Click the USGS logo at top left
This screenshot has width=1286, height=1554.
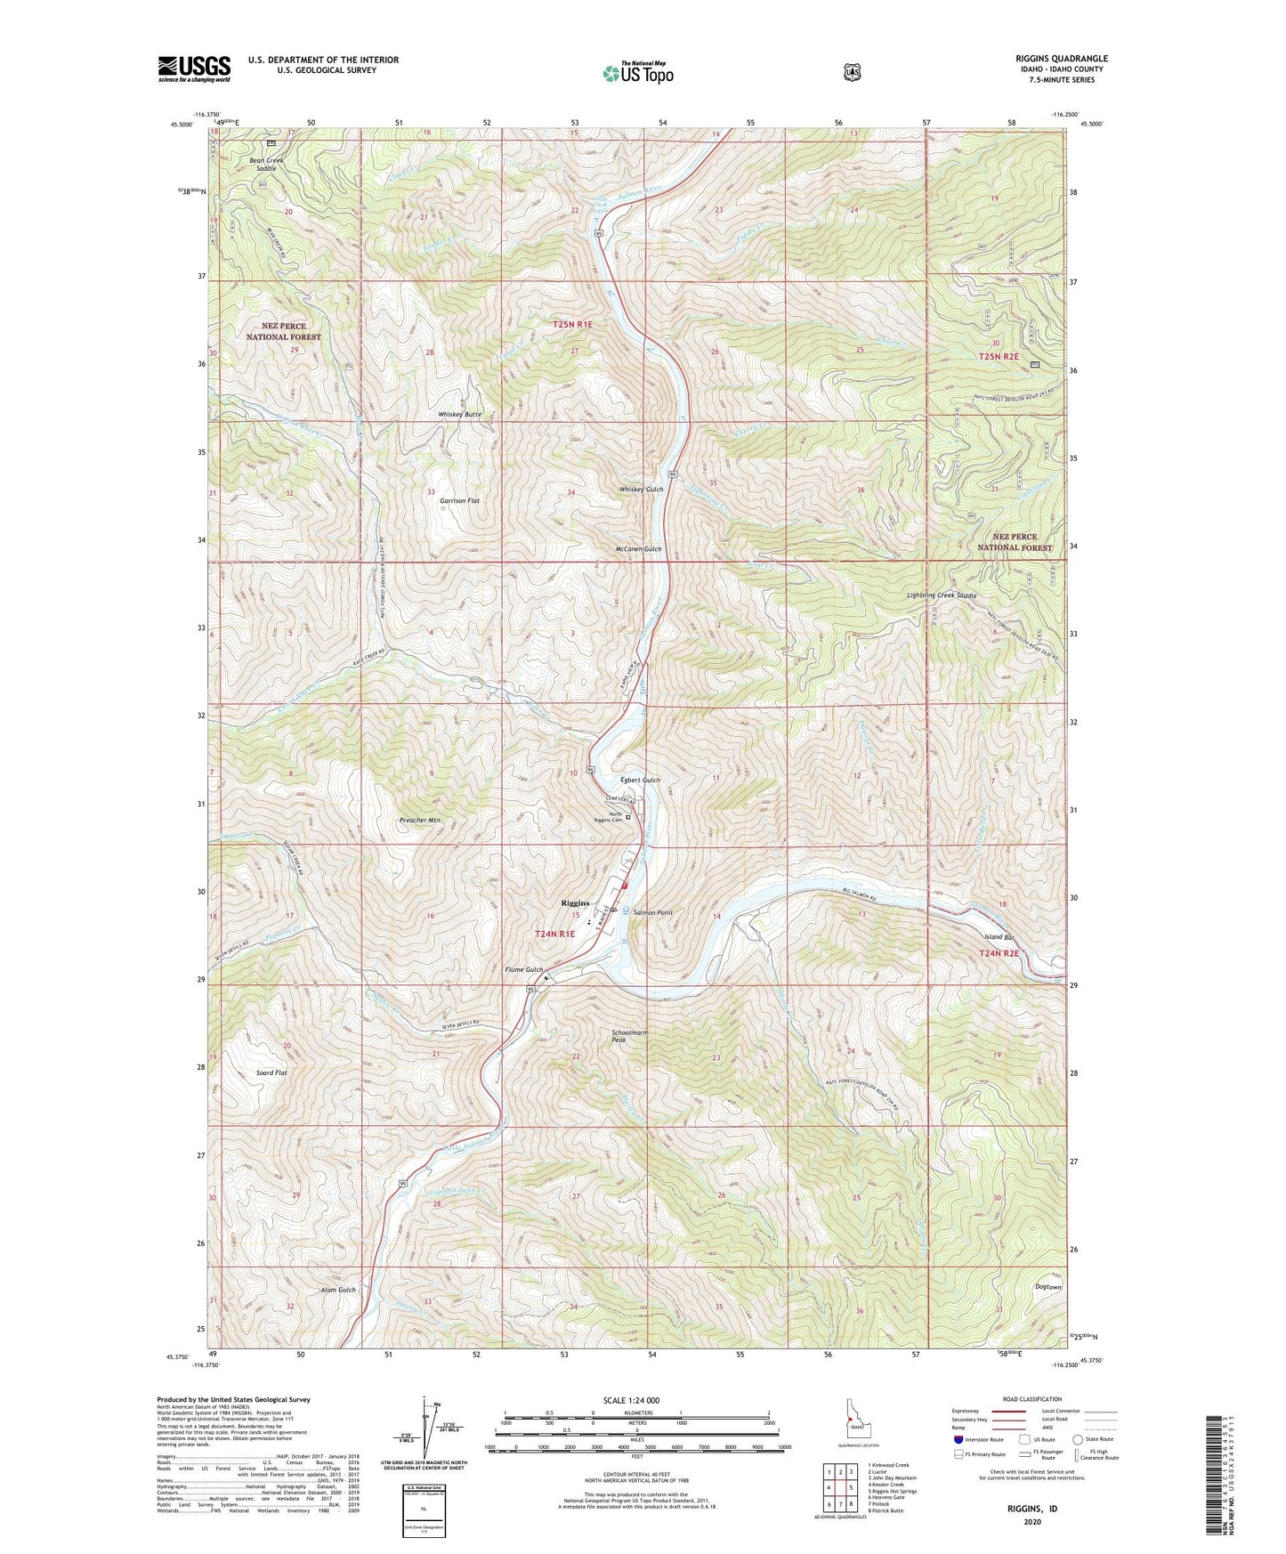[194, 69]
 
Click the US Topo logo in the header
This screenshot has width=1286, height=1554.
[636, 73]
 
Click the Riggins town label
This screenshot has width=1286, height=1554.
[576, 902]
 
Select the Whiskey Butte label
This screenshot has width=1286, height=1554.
[459, 415]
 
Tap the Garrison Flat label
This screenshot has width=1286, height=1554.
[459, 501]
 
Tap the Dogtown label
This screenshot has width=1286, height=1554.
[1048, 1287]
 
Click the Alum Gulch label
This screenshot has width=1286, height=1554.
[338, 1290]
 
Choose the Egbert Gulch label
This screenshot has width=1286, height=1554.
[640, 780]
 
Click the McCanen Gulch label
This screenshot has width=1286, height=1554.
[638, 549]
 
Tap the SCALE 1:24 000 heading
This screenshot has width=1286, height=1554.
[631, 1400]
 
